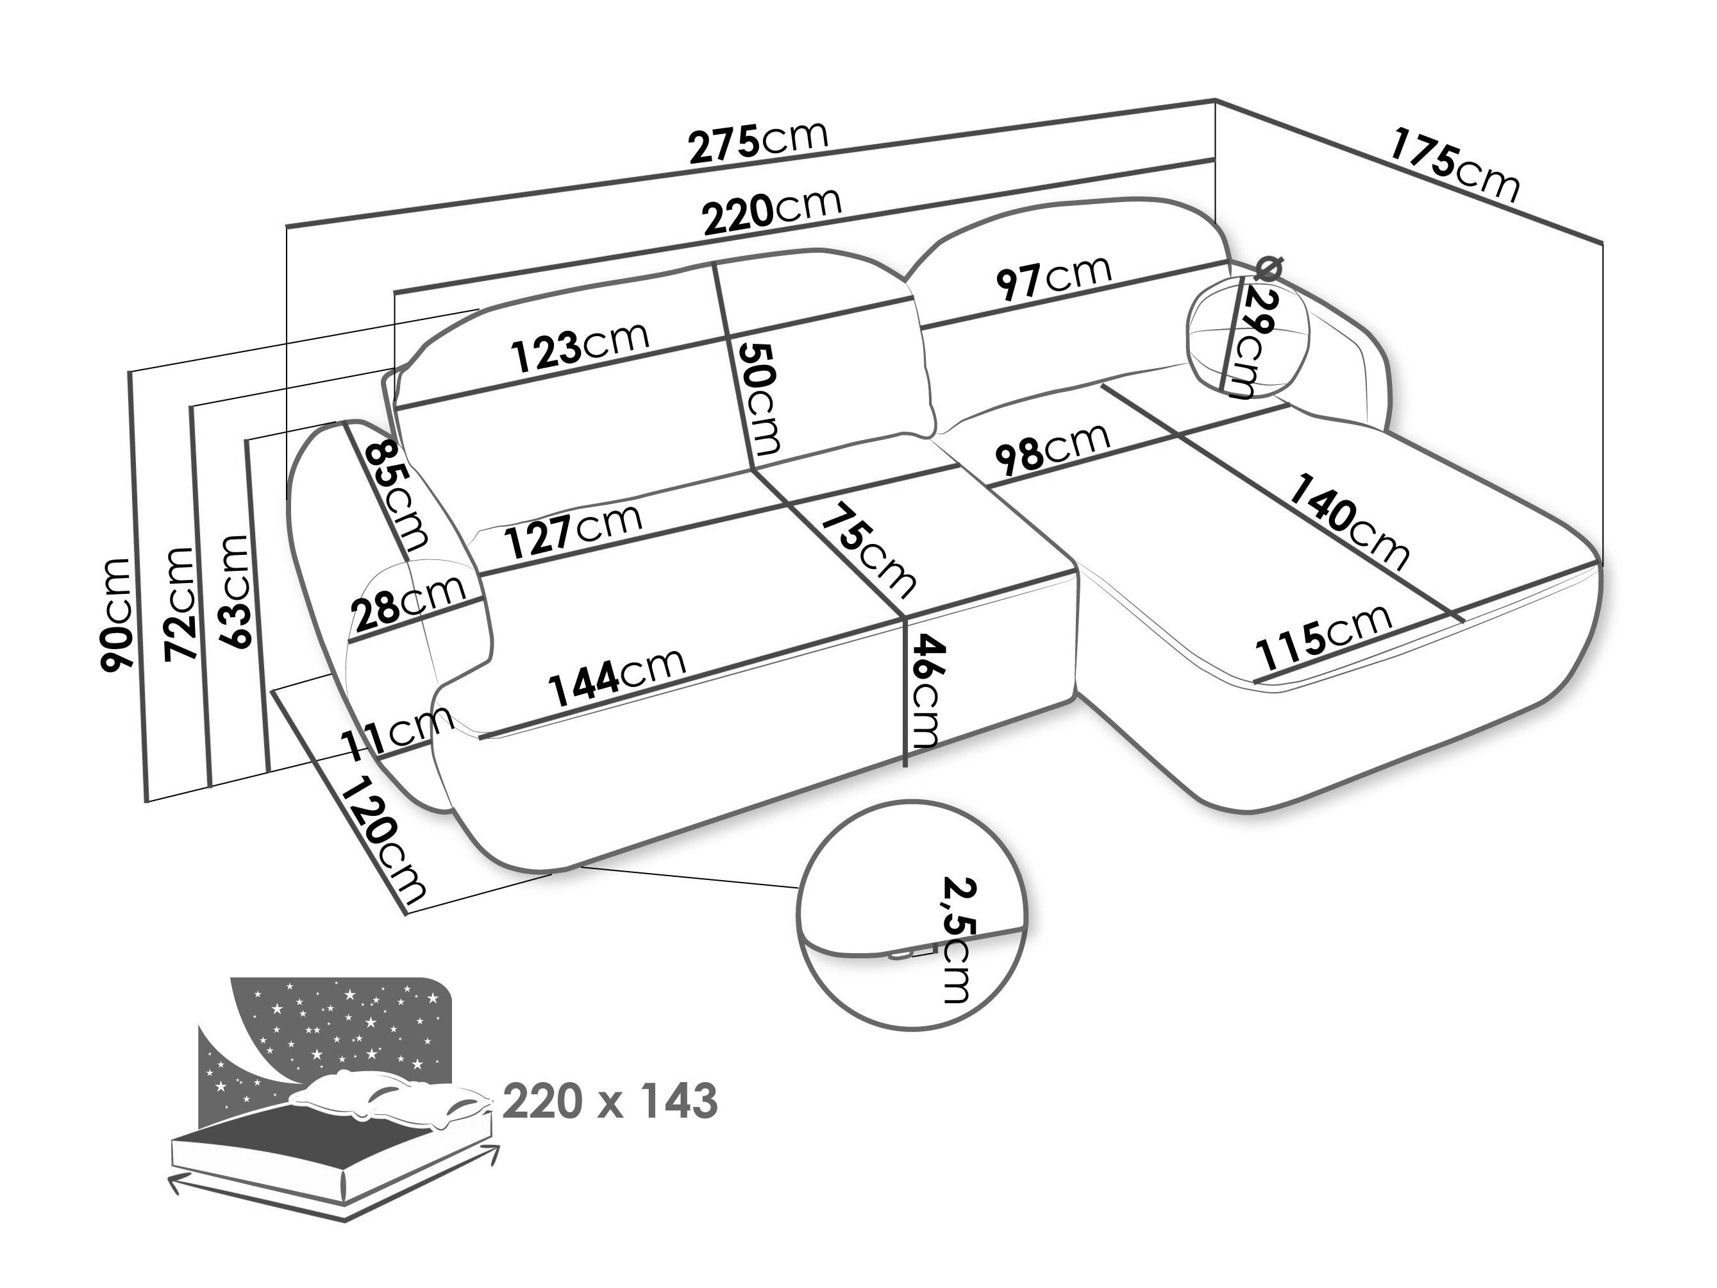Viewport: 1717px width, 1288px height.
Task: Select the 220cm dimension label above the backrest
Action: pyautogui.click(x=773, y=209)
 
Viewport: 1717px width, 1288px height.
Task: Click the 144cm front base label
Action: pyautogui.click(x=617, y=675)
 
